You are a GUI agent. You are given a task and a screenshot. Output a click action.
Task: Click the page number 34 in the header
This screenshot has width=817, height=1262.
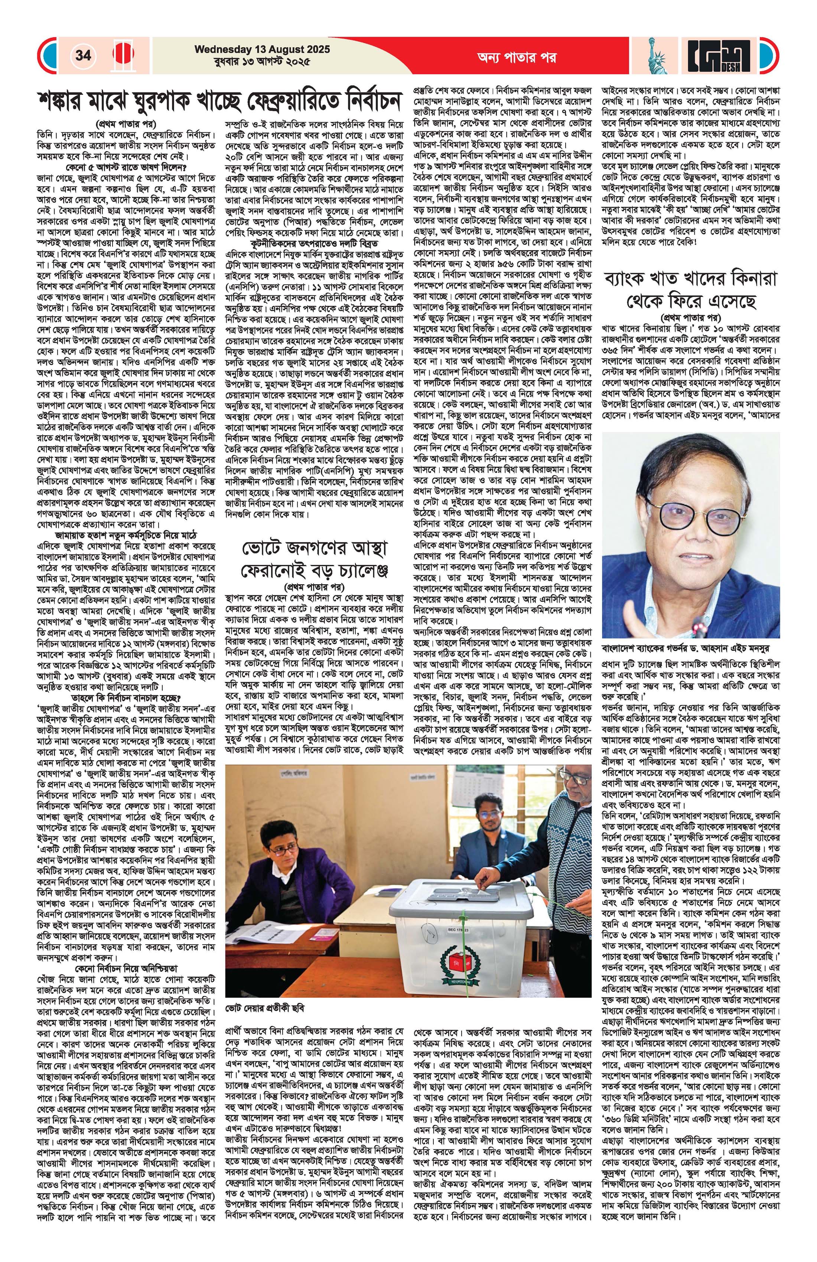point(83,55)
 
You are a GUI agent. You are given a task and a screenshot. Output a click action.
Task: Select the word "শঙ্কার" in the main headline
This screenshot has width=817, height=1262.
point(69,101)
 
